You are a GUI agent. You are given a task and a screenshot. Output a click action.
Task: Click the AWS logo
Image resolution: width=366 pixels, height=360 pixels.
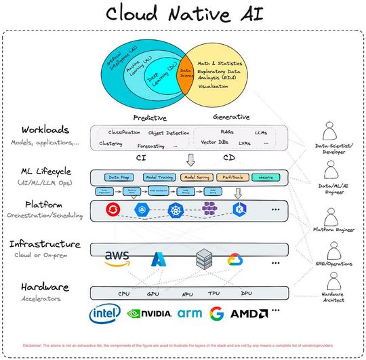pos(117,258)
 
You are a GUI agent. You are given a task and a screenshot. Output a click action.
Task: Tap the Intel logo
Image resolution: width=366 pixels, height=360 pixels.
pos(106,313)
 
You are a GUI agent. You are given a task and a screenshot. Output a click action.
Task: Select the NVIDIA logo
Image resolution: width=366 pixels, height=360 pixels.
pos(149,313)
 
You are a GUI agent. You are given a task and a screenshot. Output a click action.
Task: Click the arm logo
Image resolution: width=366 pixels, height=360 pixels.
pos(190,313)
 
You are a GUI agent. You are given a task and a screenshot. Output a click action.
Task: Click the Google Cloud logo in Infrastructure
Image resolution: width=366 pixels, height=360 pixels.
pos(235,258)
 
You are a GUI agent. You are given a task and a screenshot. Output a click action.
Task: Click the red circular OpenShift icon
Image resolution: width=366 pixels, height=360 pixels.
pos(112,210)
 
